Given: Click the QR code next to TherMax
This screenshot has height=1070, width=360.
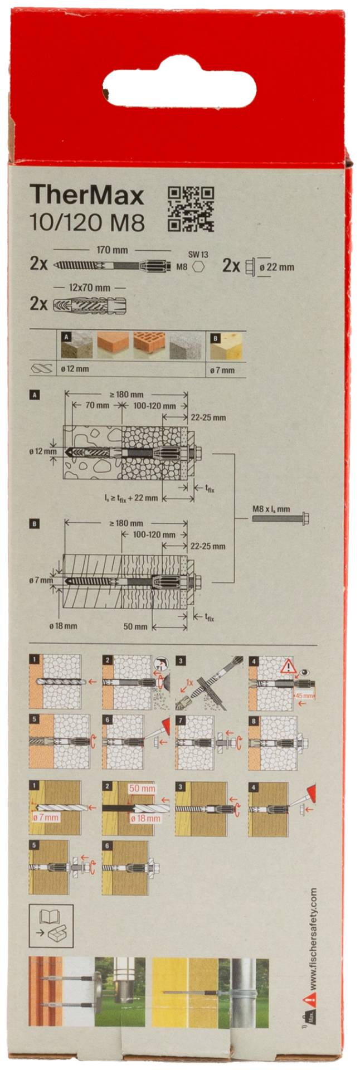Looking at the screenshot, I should tap(191, 209).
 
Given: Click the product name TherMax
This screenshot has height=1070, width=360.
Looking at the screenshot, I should tap(87, 196).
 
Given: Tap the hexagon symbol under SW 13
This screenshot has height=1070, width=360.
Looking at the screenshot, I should tap(198, 266).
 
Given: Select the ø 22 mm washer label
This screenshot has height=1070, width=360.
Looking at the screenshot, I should tap(276, 267).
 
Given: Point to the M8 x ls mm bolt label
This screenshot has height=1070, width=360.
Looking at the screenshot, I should tap(271, 509).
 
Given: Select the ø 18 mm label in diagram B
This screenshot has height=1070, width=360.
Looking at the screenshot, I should tap(63, 626).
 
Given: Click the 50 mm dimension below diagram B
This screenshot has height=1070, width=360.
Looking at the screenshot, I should tap(135, 626).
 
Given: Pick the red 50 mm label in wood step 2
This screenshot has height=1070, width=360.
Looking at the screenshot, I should tap(142, 789).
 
